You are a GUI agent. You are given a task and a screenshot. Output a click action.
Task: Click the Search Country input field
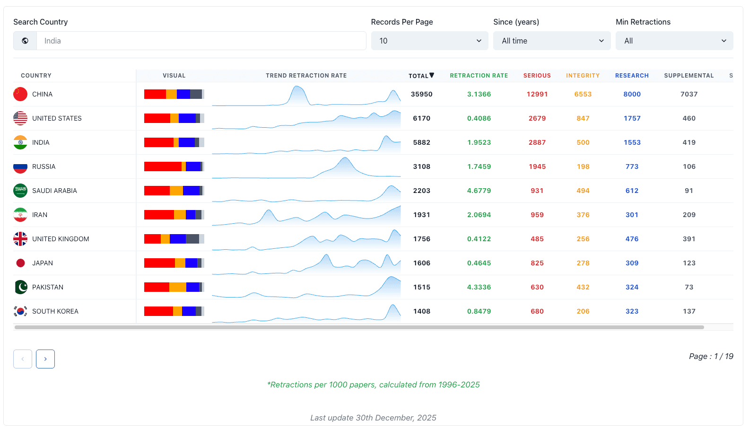201,41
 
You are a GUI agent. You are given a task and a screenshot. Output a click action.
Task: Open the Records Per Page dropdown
430,41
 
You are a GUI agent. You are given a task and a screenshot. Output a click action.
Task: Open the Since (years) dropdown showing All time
552,41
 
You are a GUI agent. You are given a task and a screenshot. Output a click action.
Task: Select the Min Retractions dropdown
674,41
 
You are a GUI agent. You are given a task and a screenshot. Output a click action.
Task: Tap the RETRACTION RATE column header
479,76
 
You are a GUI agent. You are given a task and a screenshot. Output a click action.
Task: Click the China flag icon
20,94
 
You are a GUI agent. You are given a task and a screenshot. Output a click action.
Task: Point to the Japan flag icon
20,263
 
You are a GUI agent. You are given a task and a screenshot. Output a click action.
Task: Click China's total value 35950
422,94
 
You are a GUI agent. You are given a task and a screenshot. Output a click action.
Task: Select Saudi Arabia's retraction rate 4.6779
479,191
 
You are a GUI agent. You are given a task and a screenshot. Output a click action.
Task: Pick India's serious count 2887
537,142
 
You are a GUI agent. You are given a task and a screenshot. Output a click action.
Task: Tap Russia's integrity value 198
583,166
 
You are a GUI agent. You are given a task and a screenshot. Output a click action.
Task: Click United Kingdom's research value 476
632,239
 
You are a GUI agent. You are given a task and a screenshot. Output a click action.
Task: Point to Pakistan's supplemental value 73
689,287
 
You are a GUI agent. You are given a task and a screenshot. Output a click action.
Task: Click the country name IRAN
40,215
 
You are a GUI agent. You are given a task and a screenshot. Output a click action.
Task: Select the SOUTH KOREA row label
55,311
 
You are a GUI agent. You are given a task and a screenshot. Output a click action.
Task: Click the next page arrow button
45,359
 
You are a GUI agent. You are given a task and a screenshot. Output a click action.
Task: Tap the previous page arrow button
23,359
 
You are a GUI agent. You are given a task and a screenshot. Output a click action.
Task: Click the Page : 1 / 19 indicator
711,357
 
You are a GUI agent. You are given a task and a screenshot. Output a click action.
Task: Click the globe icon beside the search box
25,41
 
